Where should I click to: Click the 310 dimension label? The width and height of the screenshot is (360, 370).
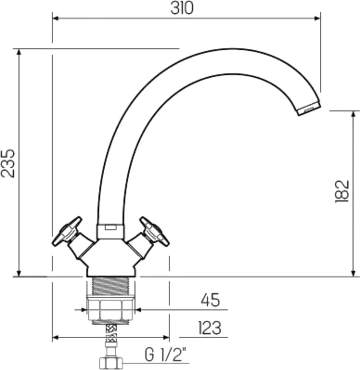(182, 9)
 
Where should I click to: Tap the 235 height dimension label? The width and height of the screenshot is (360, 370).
(7, 163)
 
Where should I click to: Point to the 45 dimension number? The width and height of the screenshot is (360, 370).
(210, 300)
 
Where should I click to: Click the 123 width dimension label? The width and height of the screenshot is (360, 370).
(209, 328)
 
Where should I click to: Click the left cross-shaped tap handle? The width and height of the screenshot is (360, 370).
(67, 231)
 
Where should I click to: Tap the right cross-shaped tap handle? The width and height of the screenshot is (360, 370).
(154, 231)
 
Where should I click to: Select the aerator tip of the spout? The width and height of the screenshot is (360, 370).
(309, 108)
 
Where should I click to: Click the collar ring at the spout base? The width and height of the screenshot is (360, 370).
(110, 231)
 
